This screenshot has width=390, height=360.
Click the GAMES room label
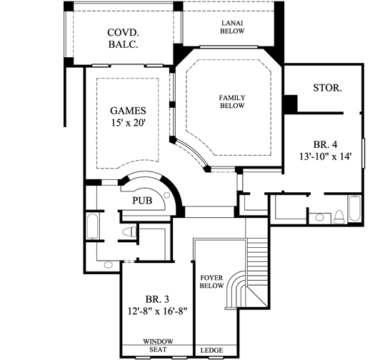click(128, 111)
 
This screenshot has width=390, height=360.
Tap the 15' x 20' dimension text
click(128, 123)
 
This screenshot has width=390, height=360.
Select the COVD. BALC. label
click(122, 39)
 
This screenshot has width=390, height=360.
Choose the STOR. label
click(326, 89)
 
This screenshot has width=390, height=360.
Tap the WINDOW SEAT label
click(157, 345)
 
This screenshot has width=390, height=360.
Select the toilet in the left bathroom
click(129, 232)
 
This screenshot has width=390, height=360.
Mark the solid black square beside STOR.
click(289, 104)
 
